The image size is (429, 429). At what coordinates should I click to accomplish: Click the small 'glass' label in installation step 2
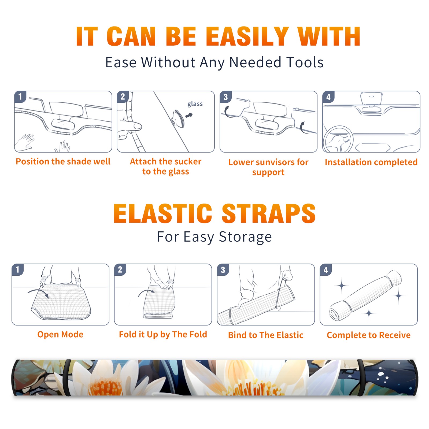pos(195,104)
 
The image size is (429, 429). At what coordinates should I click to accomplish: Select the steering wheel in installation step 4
pos(338,139)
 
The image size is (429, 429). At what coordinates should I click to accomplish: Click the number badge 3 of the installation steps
pos(225,97)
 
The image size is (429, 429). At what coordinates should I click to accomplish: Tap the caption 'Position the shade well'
pos(63,161)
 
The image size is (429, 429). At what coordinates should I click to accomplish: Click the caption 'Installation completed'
pos(371,162)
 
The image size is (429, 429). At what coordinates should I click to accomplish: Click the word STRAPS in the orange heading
pos(269,213)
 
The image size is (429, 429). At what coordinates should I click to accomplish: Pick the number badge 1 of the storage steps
pos(18,269)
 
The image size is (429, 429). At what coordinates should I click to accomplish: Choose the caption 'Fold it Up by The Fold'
pos(163,334)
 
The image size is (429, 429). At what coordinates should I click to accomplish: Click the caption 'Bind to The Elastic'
pos(266,335)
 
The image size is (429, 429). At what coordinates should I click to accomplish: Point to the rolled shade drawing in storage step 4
pos(365,296)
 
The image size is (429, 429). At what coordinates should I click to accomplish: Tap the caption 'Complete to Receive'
pos(369,335)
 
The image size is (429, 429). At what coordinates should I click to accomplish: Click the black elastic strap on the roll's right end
pos(361,378)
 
